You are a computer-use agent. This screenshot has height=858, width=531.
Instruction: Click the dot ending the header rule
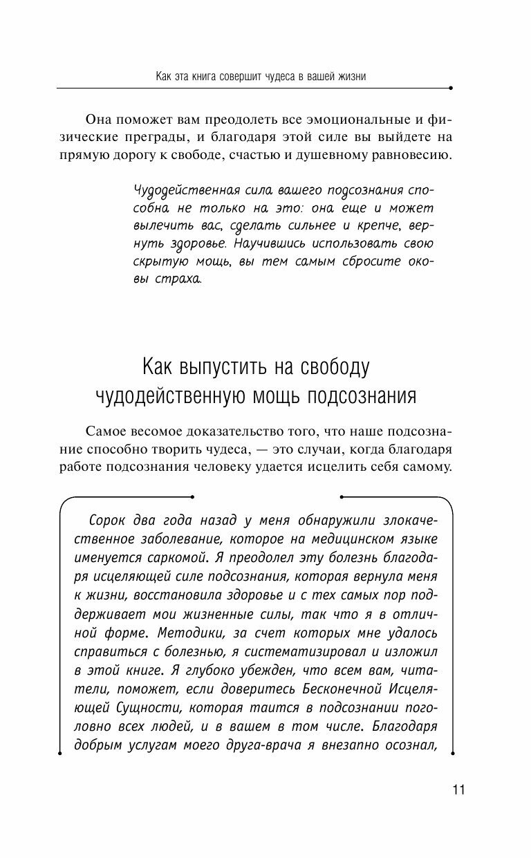[451, 88]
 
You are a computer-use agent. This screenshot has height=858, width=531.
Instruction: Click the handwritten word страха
[178, 280]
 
